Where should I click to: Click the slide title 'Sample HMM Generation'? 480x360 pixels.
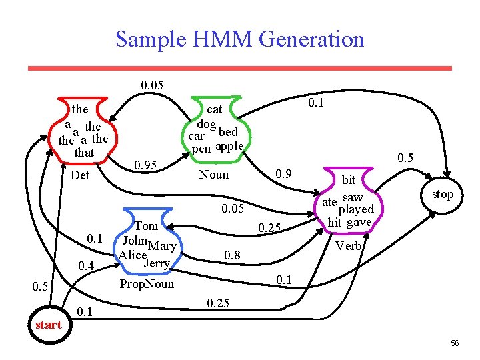point(240,39)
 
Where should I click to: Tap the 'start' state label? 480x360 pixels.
point(48,325)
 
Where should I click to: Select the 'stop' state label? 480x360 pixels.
point(442,195)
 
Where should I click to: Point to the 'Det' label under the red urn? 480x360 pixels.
point(80,176)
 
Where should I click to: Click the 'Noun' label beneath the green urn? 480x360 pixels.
point(214,175)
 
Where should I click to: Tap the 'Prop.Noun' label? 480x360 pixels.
point(146,284)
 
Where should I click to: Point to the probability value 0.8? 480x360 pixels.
point(232,255)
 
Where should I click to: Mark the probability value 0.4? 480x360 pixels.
point(86,267)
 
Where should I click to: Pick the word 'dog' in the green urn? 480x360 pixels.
point(206,124)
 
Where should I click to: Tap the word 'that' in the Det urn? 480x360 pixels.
point(84,153)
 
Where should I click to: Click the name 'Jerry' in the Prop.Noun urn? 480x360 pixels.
point(157,262)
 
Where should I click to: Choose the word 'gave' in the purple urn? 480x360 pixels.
point(359,222)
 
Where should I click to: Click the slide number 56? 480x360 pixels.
point(455,343)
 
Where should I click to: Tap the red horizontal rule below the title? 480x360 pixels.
point(239,67)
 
